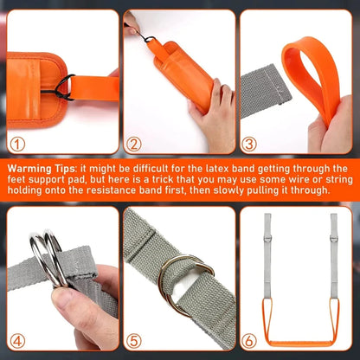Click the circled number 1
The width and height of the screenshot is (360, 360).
tap(18, 145)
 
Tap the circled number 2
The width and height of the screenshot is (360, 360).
tap(133, 145)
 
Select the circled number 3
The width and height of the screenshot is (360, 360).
tap(248, 145)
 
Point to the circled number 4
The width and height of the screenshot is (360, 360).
tap(18, 341)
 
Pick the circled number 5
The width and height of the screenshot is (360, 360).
tap(133, 341)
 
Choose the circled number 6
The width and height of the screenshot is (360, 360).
tap(248, 341)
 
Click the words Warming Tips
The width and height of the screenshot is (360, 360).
tap(42, 169)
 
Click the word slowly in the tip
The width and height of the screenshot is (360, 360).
tap(226, 190)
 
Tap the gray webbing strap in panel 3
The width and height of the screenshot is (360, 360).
tap(264, 91)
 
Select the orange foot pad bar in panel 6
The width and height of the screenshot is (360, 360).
tap(300, 344)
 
